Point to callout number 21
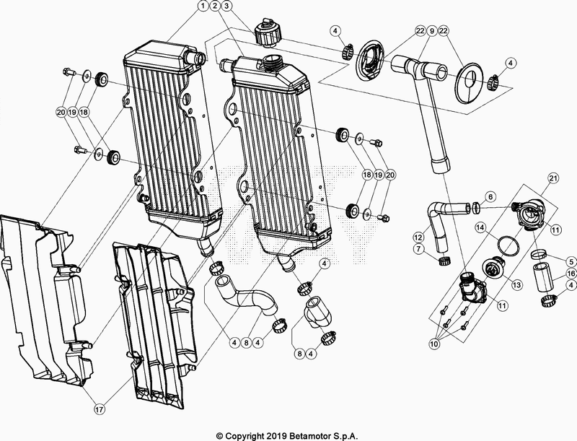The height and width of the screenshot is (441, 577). (552, 178)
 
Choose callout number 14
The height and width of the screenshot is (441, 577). (480, 228)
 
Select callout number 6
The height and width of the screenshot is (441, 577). (490, 196)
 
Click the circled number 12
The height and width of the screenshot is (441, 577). (418, 236)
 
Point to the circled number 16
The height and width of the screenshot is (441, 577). (571, 274)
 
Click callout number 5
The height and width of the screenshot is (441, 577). (571, 261)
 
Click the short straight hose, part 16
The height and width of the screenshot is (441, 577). (545, 277)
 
